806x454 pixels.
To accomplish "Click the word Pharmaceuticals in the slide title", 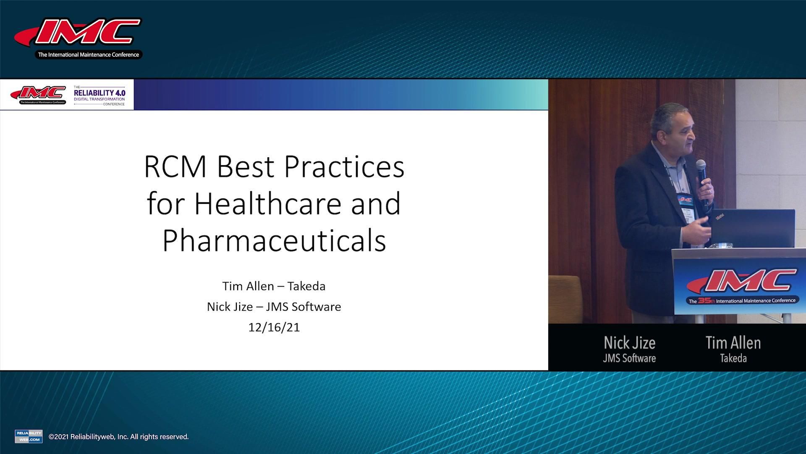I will (x=274, y=240).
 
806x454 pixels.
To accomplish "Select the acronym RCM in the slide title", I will (x=175, y=167).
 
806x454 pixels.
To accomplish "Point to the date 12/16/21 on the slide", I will (x=274, y=327).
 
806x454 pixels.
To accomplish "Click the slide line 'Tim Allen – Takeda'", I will (x=274, y=286).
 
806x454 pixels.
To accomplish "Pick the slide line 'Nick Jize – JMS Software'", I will (x=274, y=307).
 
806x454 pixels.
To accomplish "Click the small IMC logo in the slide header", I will (x=38, y=95).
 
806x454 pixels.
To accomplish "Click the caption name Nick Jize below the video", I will (x=629, y=343).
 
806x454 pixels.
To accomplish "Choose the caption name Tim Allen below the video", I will (x=733, y=343).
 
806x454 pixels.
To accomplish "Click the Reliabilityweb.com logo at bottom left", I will (x=29, y=436).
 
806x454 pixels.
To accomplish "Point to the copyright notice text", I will (x=119, y=437).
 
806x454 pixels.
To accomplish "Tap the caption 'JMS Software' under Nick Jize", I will (x=629, y=359).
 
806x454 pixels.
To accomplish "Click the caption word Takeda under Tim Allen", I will (x=733, y=359).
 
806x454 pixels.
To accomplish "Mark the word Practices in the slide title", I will (x=344, y=167).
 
